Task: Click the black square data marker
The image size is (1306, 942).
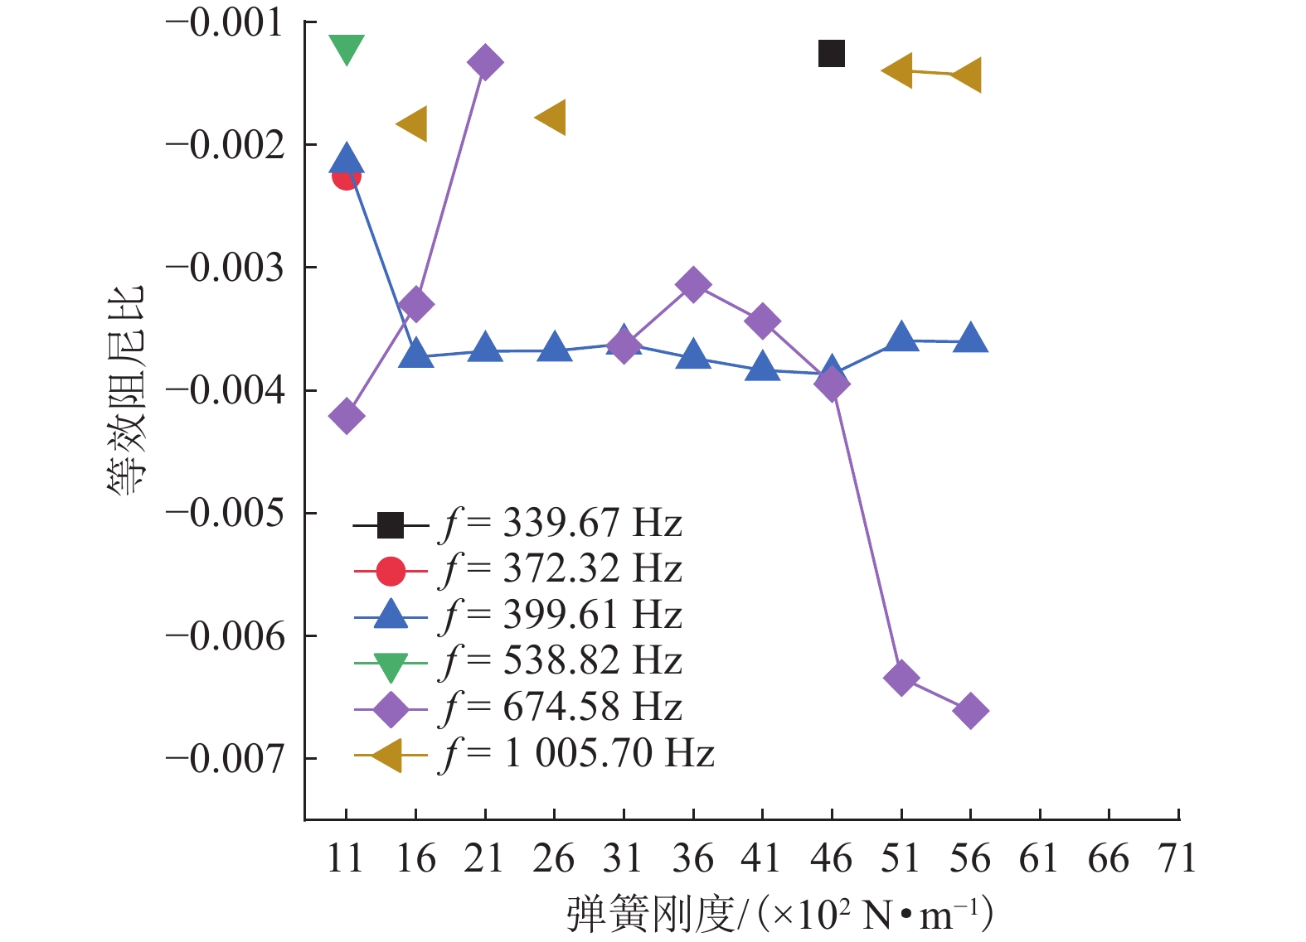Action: click(831, 54)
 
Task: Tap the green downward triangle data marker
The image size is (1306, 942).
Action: click(347, 50)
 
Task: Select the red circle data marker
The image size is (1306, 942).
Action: click(346, 176)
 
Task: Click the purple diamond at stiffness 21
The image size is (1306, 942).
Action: click(485, 62)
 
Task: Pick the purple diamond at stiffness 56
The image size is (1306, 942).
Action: click(970, 711)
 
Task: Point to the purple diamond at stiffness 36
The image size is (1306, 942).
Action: click(693, 284)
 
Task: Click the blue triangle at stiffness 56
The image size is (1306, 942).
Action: click(970, 339)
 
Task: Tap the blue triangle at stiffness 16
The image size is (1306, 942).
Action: click(415, 354)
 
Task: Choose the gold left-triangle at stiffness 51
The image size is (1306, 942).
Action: click(899, 71)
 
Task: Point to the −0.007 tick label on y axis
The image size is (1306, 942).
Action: click(226, 759)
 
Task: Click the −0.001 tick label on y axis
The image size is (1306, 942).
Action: click(226, 23)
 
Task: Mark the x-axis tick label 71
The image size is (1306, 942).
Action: click(1177, 859)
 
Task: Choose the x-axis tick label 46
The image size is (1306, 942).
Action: click(831, 859)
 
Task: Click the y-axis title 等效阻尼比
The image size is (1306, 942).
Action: click(126, 389)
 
